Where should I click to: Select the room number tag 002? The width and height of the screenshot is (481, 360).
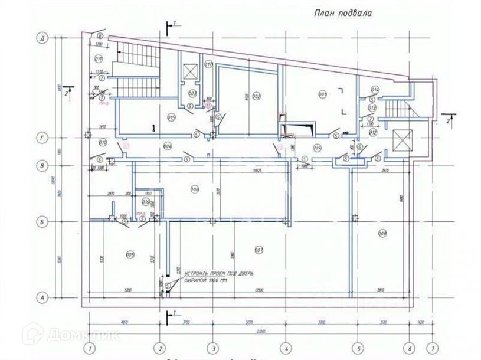256,96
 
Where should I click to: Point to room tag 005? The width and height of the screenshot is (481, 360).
131,254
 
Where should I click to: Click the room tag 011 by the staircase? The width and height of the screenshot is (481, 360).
98,58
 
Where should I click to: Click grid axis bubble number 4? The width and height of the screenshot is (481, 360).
285,347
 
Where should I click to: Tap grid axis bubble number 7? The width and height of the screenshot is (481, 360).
433,347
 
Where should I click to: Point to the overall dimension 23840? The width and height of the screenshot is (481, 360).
260,333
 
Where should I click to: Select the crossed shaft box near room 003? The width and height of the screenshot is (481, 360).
191,71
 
